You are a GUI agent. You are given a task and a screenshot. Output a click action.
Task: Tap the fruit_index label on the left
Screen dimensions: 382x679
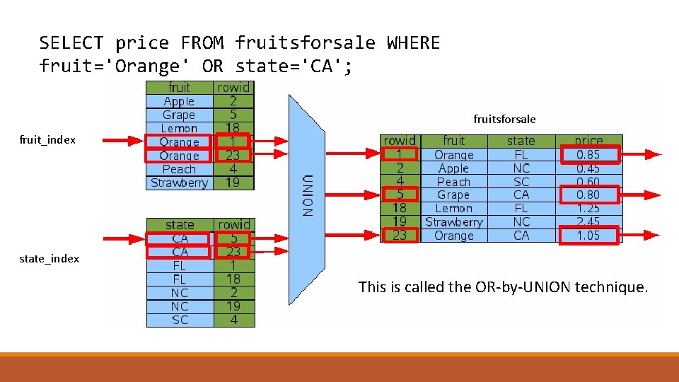tap(49, 140)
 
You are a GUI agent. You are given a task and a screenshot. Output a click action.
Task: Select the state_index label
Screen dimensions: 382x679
tap(50, 259)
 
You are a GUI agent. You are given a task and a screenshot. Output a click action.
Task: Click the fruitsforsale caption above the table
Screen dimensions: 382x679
tap(504, 119)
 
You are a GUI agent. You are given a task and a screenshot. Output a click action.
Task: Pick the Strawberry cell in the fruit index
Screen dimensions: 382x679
tap(179, 183)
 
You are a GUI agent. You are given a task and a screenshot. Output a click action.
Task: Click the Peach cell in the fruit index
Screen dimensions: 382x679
tap(179, 169)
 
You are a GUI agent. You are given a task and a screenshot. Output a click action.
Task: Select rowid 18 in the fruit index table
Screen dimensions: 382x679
tap(233, 128)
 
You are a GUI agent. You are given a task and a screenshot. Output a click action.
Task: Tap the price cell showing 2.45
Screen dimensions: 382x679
tap(588, 222)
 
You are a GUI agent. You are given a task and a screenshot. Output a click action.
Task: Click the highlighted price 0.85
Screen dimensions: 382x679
tap(588, 154)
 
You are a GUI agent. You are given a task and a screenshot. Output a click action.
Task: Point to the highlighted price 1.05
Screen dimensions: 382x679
tap(588, 236)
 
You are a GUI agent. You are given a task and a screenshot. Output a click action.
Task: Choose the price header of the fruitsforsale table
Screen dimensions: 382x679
tap(588, 141)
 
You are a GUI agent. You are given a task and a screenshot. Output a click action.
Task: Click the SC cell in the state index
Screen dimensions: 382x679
tap(180, 320)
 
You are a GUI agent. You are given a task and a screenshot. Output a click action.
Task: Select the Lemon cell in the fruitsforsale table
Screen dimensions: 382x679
tap(453, 208)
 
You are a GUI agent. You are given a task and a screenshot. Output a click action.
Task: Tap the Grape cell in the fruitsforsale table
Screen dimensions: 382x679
tap(453, 195)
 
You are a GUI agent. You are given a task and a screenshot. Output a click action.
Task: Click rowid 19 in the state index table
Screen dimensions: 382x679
tap(233, 306)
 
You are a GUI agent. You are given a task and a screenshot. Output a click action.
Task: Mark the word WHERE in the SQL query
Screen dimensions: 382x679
tap(413, 43)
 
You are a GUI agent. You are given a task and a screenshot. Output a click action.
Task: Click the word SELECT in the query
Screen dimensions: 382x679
tap(71, 43)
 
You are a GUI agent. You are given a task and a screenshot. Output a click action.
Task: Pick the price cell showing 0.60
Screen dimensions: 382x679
tap(588, 181)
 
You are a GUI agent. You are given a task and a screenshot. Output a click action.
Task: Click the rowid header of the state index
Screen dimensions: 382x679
tap(233, 225)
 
